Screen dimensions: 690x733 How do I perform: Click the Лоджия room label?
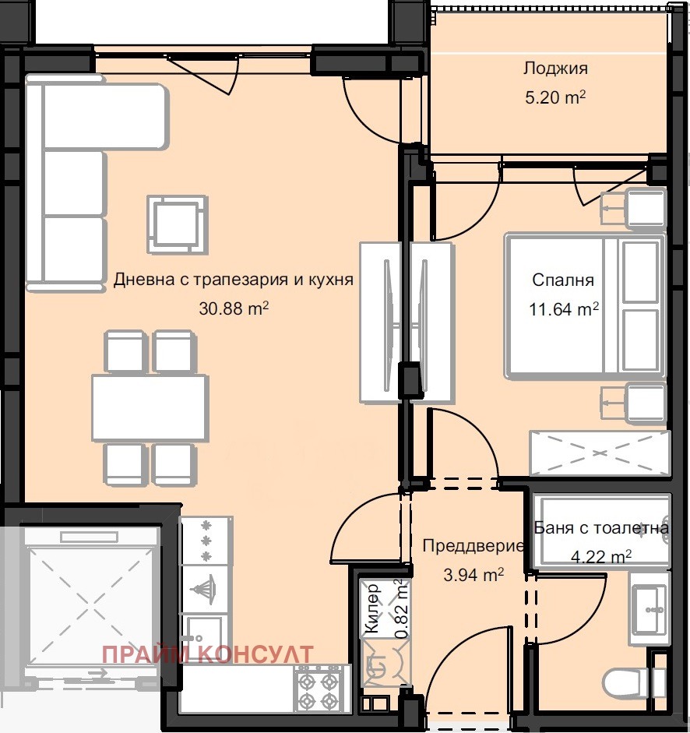pos(555,69)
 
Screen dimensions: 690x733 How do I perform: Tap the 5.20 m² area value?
pos(555,97)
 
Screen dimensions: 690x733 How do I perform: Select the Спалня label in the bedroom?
pos(563,280)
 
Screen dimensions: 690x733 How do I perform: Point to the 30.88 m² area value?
pos(234,308)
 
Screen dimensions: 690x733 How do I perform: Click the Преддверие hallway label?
pos(473,546)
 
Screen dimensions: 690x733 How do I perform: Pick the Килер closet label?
pos(372,608)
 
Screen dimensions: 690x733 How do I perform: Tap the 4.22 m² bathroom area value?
pos(601,556)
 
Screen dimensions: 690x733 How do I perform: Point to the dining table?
pos(150,407)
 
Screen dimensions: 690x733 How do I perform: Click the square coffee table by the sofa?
pos(178,225)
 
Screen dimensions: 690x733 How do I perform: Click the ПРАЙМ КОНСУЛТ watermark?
pos(208,654)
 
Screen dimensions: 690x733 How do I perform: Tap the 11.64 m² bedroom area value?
pos(564,308)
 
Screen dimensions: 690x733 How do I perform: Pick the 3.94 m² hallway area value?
pos(473,575)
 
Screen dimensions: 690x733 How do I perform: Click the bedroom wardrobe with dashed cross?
pos(600,453)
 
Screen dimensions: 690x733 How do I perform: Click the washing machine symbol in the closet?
pos(386,664)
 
